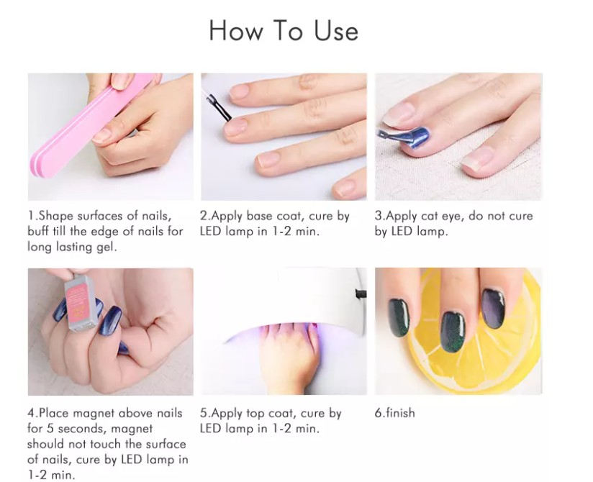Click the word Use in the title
(x=335, y=31)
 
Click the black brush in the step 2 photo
(x=218, y=107)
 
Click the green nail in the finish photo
(x=397, y=323)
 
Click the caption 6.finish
(x=395, y=414)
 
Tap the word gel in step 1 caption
(x=107, y=247)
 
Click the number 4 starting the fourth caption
(x=31, y=414)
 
